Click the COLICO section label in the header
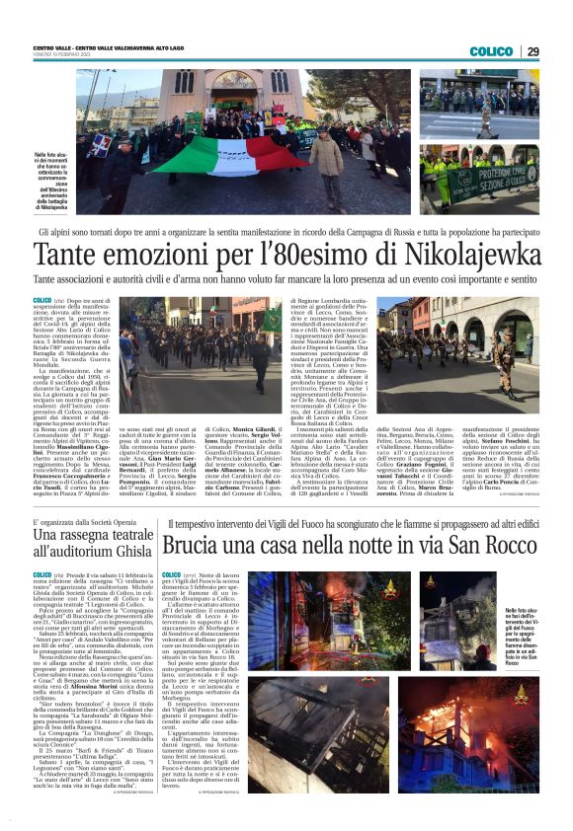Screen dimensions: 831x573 [x=491, y=51]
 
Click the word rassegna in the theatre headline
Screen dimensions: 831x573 [x=95, y=534]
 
